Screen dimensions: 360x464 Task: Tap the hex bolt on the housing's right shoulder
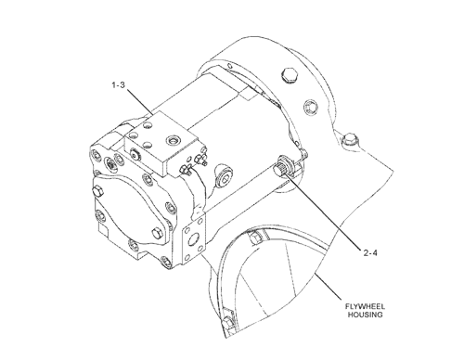tap(348, 142)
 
